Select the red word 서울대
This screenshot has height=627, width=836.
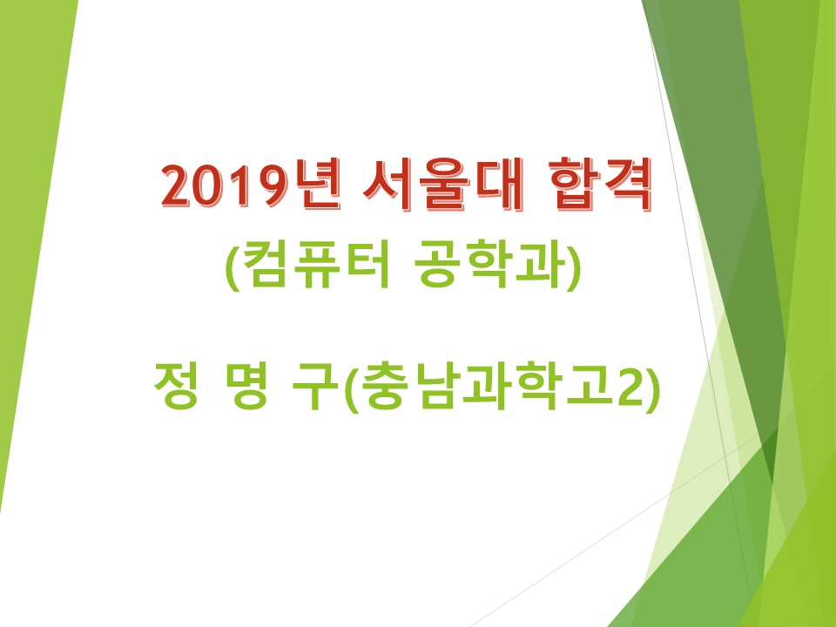[x=442, y=185]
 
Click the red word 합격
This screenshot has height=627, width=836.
[x=599, y=185]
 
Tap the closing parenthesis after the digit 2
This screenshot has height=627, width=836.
[x=652, y=388]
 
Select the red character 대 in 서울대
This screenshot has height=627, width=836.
[x=499, y=185]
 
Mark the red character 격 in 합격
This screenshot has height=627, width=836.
[x=627, y=185]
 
